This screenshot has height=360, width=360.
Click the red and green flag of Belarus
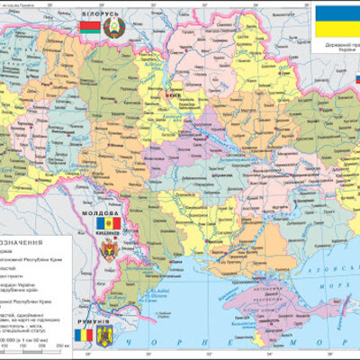[88, 28]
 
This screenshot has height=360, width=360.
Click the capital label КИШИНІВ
[109, 232]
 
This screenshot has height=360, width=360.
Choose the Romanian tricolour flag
[84, 336]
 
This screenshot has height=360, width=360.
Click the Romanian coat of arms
[104, 337]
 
